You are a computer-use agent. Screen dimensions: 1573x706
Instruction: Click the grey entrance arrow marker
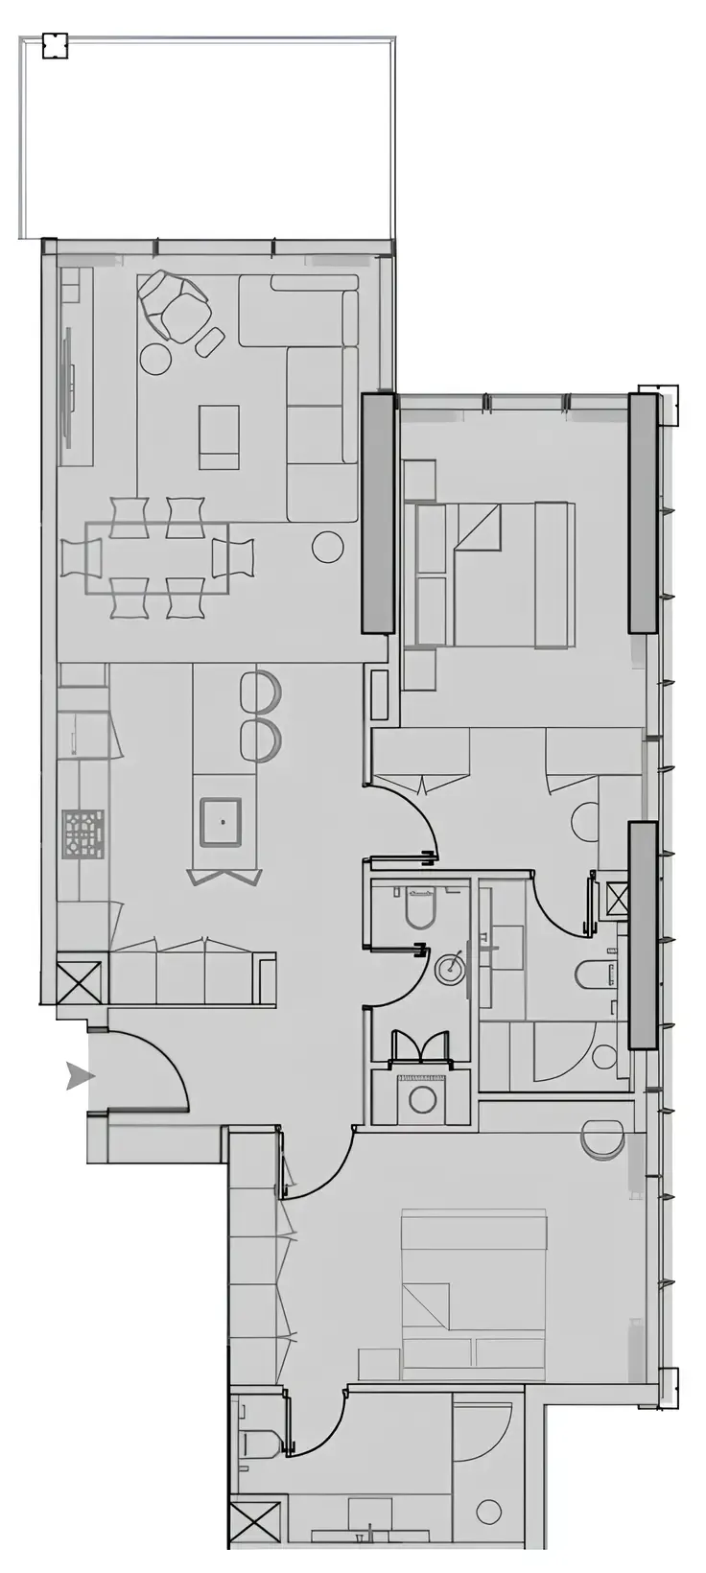point(80,1076)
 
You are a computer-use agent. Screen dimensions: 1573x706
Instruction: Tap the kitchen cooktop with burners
point(83,833)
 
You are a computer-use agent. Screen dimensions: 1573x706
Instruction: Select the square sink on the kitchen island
point(222,822)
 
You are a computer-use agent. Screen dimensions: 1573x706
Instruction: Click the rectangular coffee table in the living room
point(220,436)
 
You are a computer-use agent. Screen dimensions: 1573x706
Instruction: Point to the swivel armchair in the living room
point(175,305)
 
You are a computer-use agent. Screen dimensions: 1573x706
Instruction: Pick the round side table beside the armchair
point(155,359)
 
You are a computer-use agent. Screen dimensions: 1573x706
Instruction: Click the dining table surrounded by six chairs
point(157,557)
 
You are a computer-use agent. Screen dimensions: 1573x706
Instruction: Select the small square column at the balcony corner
point(56,45)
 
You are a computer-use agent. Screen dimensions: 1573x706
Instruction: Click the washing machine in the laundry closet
point(423,1098)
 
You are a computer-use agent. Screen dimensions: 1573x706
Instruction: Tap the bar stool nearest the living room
point(260,690)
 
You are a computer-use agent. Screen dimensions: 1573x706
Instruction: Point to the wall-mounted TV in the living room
point(68,387)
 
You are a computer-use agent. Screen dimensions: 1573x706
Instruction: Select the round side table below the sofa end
point(327,547)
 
